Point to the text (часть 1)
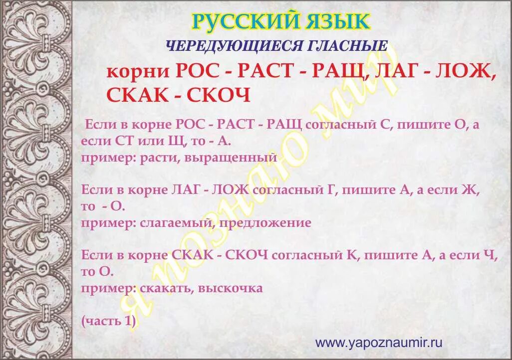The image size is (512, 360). (108, 321)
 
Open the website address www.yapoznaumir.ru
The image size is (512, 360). (379, 343)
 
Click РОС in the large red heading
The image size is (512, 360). (197, 71)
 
